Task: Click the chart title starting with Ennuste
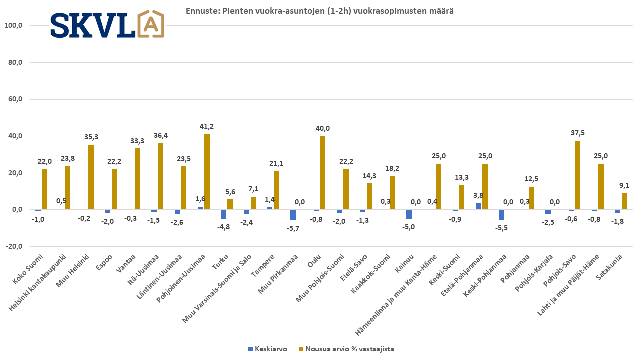coord(319,11)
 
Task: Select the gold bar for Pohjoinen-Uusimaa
coord(207,171)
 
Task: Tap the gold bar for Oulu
coord(323,173)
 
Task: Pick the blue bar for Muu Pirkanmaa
coord(293,215)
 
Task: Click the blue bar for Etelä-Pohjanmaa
coord(478,206)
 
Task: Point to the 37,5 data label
coord(578,133)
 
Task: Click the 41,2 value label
coord(207,126)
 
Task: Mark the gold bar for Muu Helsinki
coord(91,177)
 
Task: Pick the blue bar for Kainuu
coord(409,214)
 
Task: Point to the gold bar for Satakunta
coord(624,201)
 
